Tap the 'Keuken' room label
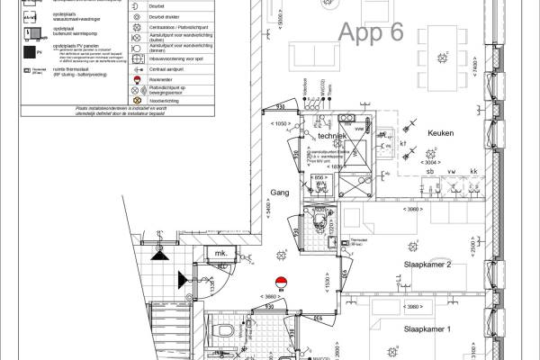coord(440,133)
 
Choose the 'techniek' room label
coord(332,135)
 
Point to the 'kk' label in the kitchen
coord(473,170)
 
